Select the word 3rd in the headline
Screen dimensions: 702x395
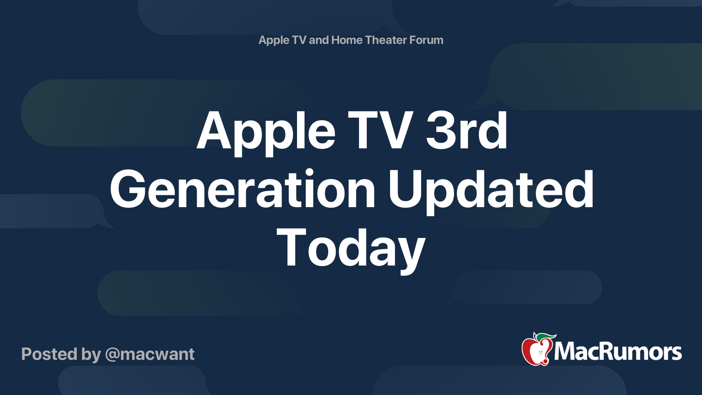pyautogui.click(x=466, y=129)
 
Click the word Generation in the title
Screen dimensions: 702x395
pyautogui.click(x=242, y=188)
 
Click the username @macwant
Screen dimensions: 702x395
pyautogui.click(x=150, y=354)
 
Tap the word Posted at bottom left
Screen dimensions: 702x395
pyautogui.click(x=49, y=354)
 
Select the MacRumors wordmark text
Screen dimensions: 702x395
pyautogui.click(x=618, y=352)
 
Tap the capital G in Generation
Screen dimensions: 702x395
pyautogui.click(x=127, y=189)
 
